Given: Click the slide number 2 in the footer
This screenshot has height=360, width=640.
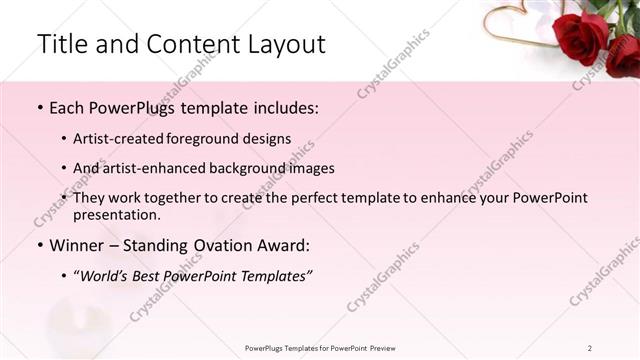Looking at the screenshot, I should pos(590,347).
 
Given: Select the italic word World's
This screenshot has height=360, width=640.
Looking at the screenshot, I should pos(109,275).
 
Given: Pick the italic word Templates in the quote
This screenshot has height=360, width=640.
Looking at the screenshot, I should pos(271,275).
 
